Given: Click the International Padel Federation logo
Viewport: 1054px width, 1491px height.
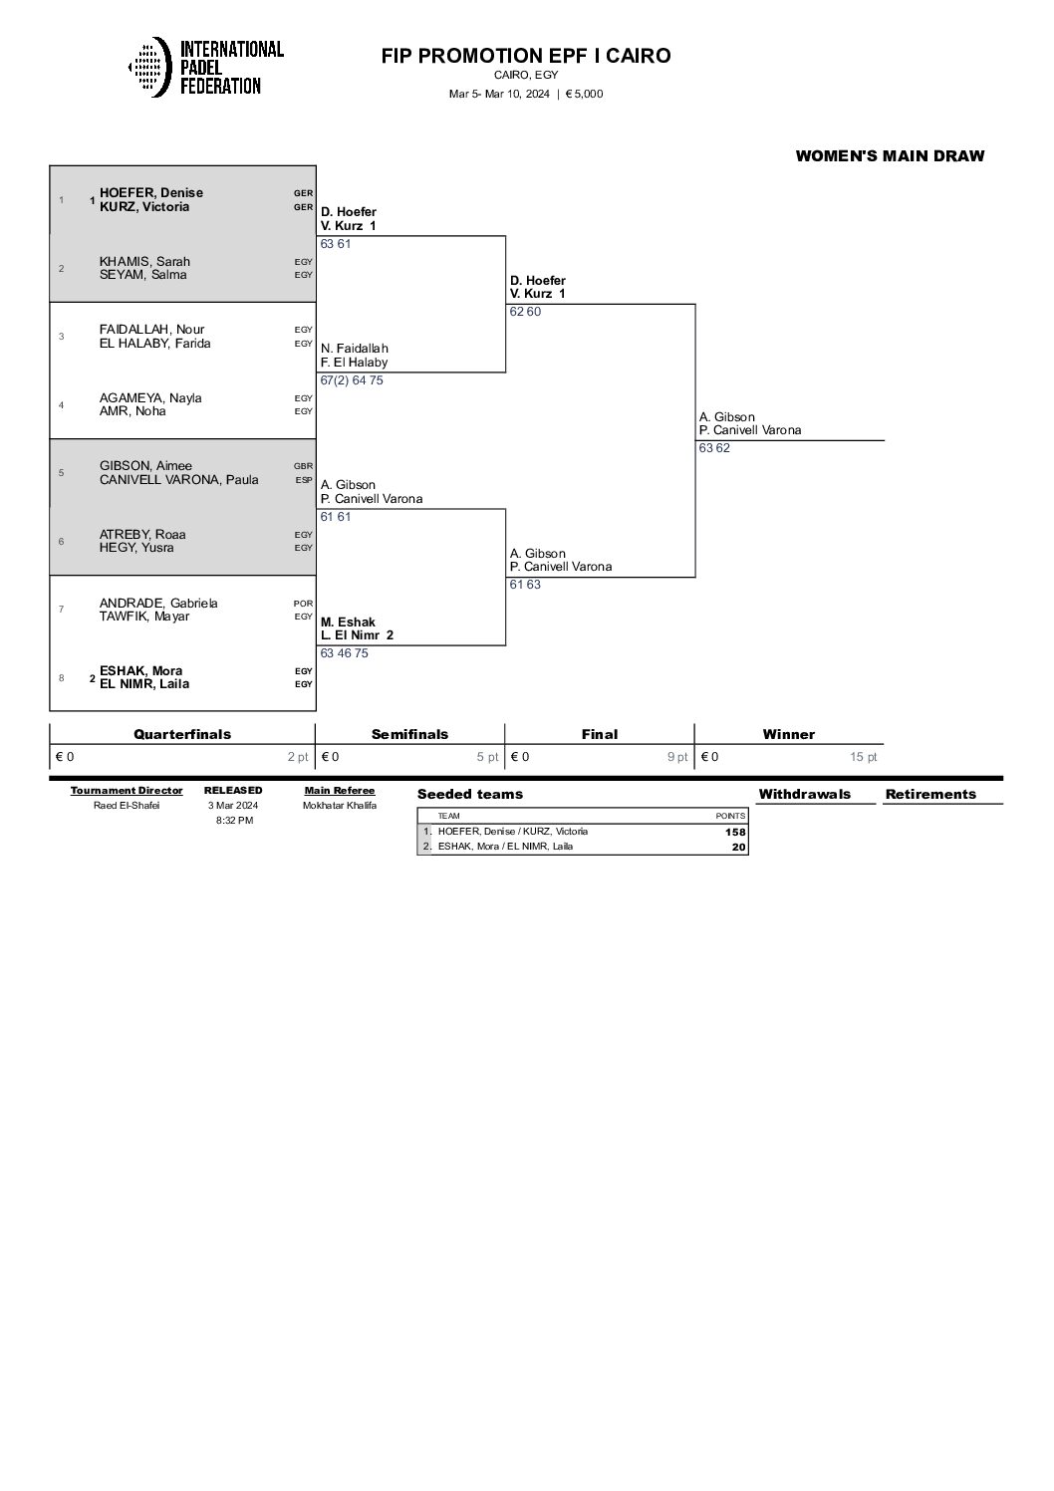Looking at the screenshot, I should click(206, 67).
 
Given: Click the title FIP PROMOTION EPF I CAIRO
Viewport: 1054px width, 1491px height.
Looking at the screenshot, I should click(526, 56).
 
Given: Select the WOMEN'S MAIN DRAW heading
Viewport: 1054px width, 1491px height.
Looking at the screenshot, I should click(890, 155).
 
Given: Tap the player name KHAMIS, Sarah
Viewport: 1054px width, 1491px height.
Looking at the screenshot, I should click(144, 262).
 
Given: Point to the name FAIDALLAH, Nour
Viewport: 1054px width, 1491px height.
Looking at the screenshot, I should click(151, 330).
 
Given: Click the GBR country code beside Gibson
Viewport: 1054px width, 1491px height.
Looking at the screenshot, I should click(303, 466).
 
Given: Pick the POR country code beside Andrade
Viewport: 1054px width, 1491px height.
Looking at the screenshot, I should click(303, 604).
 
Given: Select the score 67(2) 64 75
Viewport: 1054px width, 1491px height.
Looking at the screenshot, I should click(352, 380).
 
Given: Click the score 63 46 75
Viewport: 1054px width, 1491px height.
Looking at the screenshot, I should click(345, 653).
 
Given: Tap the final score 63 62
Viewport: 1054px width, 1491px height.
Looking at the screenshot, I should click(714, 448).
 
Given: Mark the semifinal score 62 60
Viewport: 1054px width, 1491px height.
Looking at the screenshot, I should click(525, 312).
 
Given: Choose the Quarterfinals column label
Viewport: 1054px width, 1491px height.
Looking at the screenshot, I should click(182, 734).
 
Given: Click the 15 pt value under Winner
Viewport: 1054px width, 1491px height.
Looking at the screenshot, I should click(863, 757).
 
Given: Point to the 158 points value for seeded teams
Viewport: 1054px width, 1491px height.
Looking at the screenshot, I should click(735, 832).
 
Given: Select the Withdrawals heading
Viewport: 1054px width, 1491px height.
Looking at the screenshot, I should click(804, 794).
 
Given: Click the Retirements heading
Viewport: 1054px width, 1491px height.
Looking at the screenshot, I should click(930, 794).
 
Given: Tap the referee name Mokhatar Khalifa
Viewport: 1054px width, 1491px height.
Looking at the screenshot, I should click(340, 806).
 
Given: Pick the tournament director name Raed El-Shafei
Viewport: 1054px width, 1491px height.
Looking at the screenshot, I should click(127, 806).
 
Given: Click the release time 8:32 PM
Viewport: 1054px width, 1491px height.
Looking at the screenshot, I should click(234, 821).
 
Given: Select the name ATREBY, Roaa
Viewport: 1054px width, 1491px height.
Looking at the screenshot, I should click(142, 535).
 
